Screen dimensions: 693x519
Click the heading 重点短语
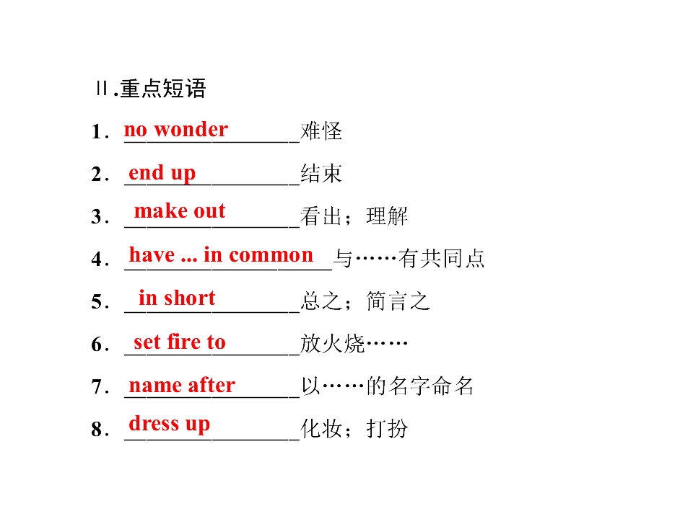[x=163, y=88]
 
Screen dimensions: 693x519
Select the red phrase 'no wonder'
[x=176, y=130]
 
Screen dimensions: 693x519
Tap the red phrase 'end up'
[x=162, y=173]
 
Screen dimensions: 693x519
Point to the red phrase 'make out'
[x=180, y=211]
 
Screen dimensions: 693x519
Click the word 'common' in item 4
[x=271, y=255]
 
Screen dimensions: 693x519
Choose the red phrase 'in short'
[x=177, y=298]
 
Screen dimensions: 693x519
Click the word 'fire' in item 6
[x=184, y=342]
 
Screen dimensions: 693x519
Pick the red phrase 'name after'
[x=182, y=385]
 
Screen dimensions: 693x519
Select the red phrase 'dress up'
[x=169, y=424]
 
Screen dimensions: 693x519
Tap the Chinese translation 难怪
[x=321, y=131]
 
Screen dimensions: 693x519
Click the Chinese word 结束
[x=321, y=174]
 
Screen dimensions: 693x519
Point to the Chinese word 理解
[x=387, y=216]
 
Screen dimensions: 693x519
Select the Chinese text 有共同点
[x=442, y=258]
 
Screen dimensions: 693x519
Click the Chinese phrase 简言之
[x=398, y=301]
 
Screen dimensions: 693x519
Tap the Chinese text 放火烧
[x=332, y=343]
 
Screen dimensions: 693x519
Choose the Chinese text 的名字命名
[x=420, y=386]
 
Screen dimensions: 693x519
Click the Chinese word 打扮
[x=387, y=428]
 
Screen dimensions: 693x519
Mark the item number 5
[x=97, y=302]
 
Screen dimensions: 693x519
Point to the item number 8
[x=97, y=430]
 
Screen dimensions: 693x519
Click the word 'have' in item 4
[x=152, y=254]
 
